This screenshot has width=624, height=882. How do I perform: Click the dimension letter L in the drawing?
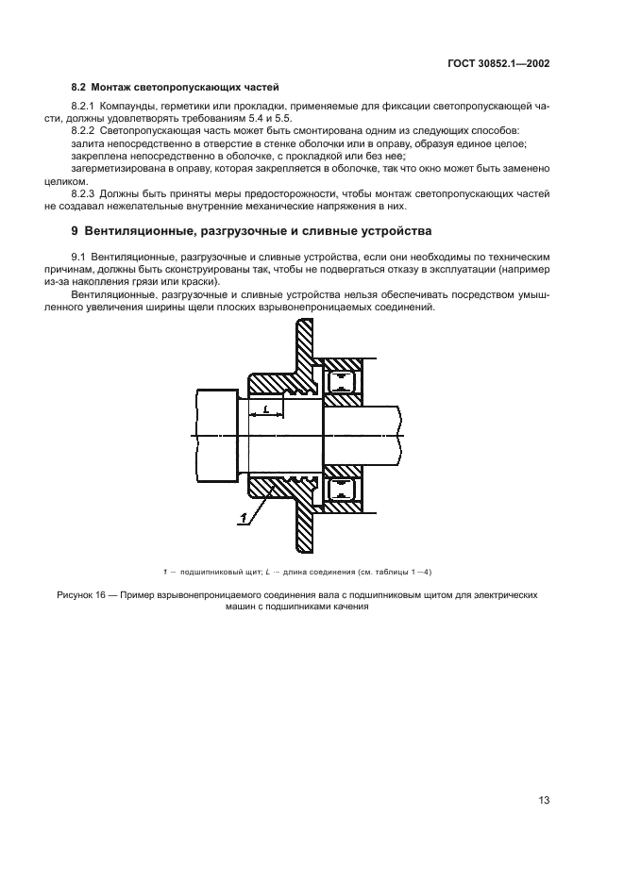(267, 408)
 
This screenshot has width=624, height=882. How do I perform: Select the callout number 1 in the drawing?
(244, 516)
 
